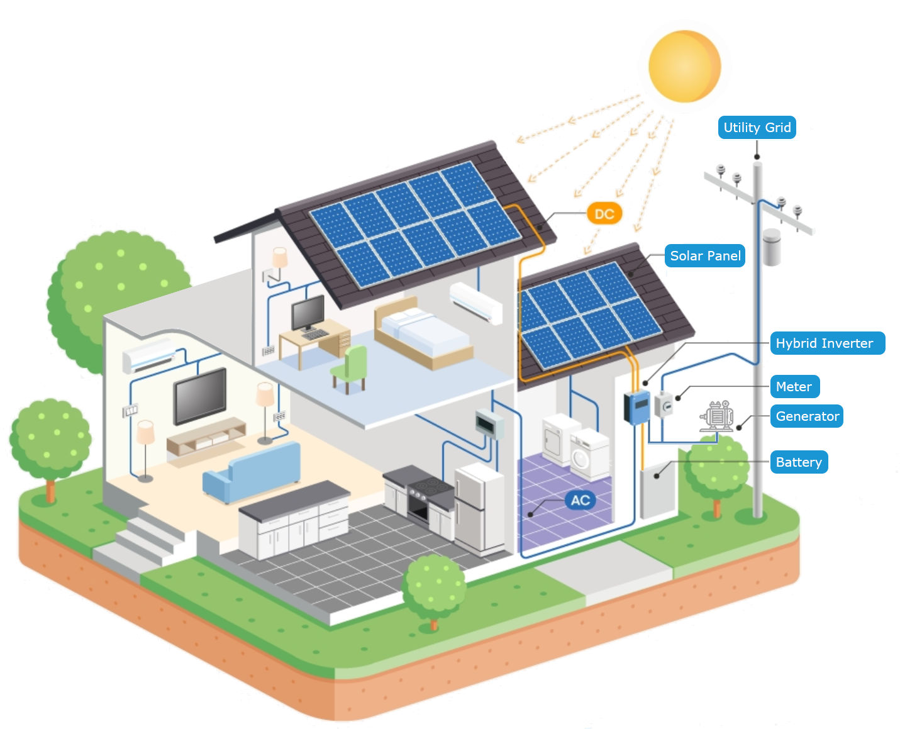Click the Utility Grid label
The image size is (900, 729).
click(x=757, y=127)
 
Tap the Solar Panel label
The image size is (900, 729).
click(x=705, y=255)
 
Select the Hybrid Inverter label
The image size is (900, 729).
click(x=827, y=343)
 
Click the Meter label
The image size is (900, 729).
click(x=795, y=386)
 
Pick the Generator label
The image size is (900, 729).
click(x=807, y=416)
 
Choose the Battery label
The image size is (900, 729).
click(x=799, y=462)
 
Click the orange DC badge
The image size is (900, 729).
click(x=604, y=214)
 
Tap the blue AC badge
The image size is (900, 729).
click(x=581, y=501)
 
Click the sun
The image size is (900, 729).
click(x=684, y=66)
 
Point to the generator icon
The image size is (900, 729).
click(x=717, y=416)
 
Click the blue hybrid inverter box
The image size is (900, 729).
click(x=637, y=407)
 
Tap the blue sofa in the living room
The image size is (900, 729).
click(x=252, y=472)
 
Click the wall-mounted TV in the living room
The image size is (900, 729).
click(x=200, y=396)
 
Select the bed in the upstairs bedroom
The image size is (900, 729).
click(x=423, y=333)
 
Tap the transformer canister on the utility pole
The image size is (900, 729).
click(x=772, y=247)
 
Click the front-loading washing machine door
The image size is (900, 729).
click(x=581, y=459)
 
